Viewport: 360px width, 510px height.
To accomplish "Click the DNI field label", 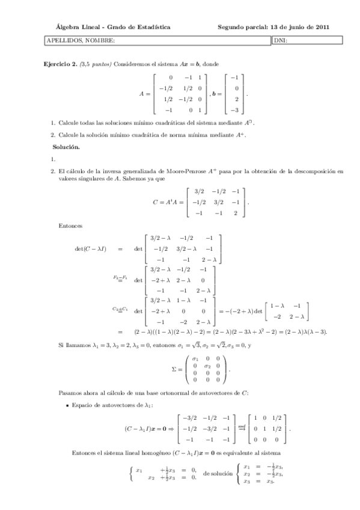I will [280, 40].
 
